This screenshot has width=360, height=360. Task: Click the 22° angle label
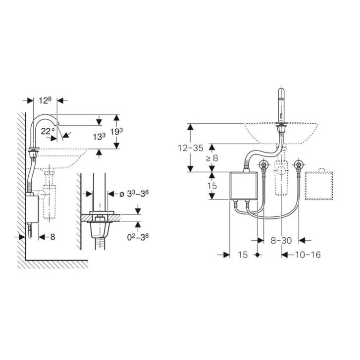pyautogui.click(x=48, y=131)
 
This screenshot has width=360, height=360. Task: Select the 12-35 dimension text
pyautogui.click(x=191, y=148)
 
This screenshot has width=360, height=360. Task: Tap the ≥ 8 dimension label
pyautogui.click(x=212, y=158)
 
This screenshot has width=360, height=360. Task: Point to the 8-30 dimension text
pyautogui.click(x=281, y=240)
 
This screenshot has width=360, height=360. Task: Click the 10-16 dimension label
pyautogui.click(x=308, y=255)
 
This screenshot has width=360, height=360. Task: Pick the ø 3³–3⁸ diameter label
pyautogui.click(x=134, y=194)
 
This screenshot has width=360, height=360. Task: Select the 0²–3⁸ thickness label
pyautogui.click(x=138, y=237)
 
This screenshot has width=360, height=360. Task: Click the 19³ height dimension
pyautogui.click(x=116, y=132)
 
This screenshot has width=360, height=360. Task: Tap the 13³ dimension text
pyautogui.click(x=99, y=137)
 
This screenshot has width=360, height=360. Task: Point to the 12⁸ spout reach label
pyautogui.click(x=45, y=101)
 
